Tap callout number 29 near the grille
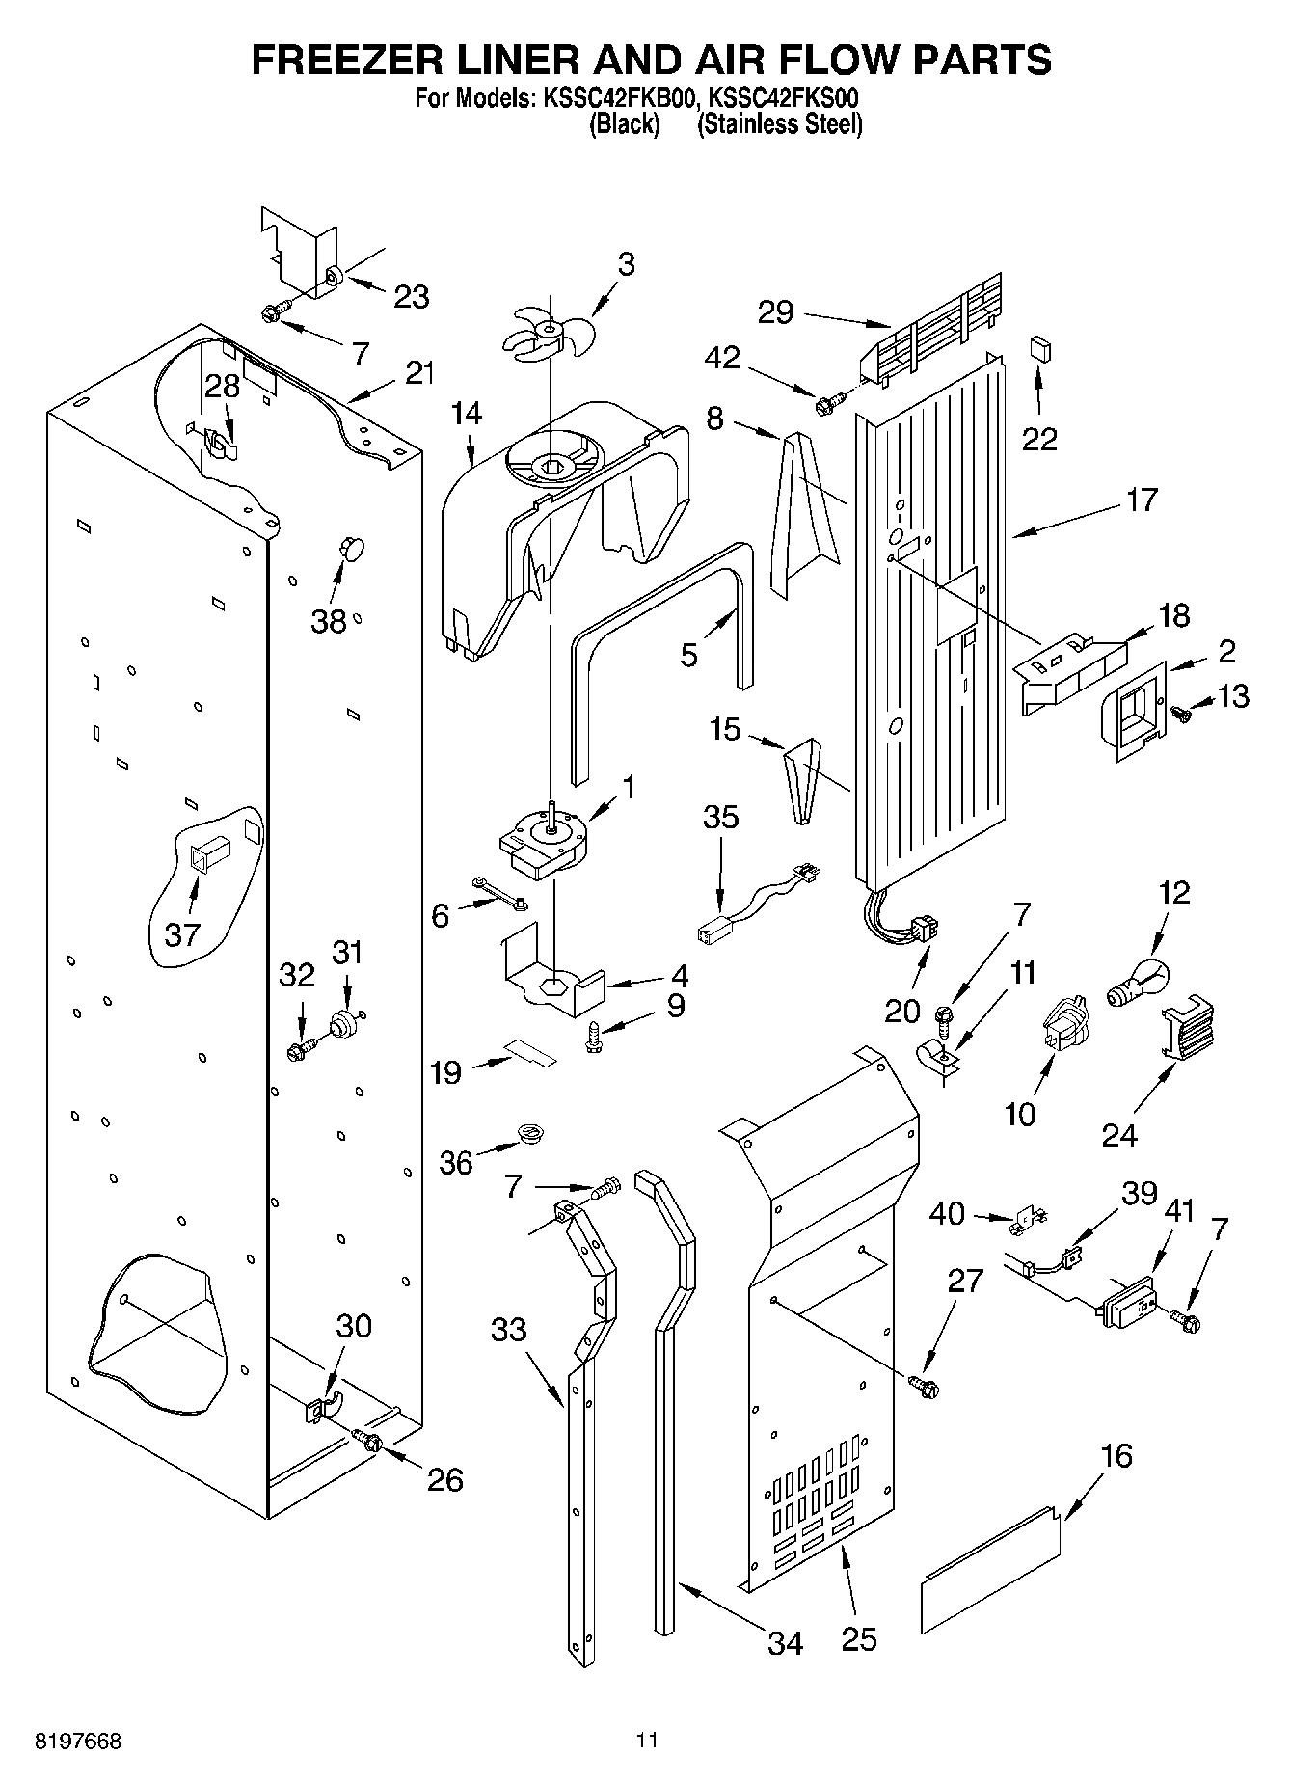[x=775, y=312]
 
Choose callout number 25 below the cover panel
[x=858, y=1637]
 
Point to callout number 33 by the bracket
[x=509, y=1330]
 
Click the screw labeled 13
[x=1182, y=713]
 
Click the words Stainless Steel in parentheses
[x=779, y=124]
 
